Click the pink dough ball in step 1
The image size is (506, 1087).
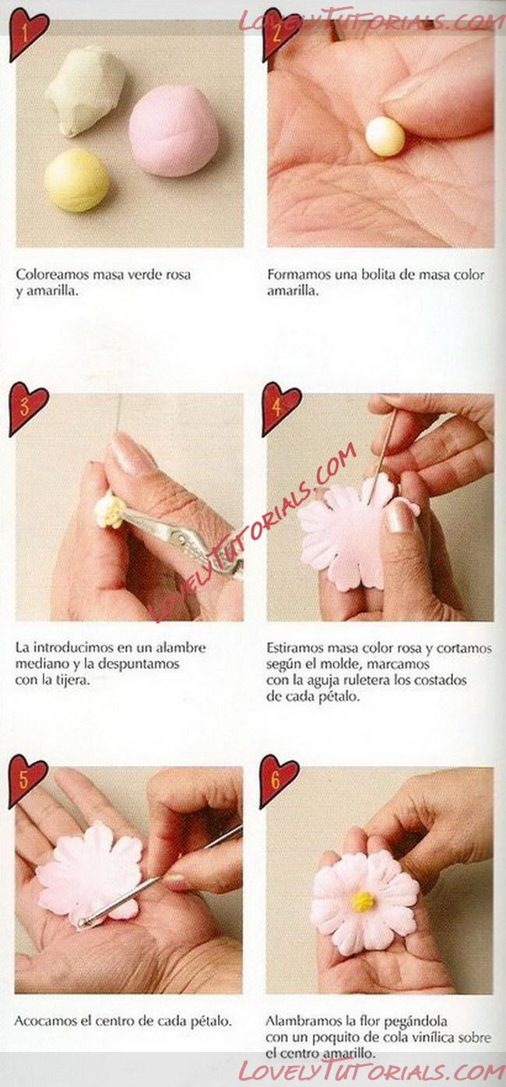pos(167,131)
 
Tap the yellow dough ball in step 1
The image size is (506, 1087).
pos(76,180)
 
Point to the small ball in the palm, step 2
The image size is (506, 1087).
pos(385,136)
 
